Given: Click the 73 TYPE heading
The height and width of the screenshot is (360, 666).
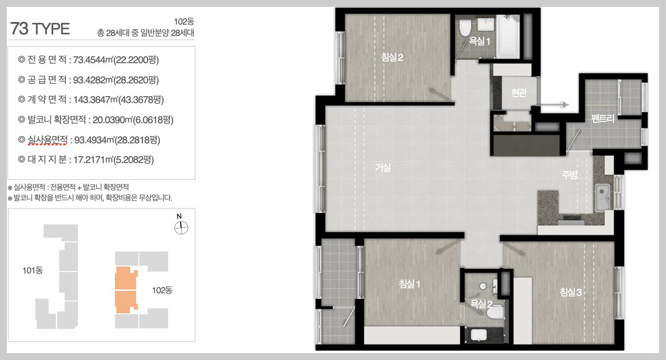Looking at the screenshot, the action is (40, 29).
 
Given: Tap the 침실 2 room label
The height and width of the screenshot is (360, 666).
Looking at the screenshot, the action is (392, 57).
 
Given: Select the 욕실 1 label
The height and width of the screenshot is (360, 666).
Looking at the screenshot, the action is (479, 41).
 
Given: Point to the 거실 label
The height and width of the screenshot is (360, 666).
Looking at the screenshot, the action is (383, 167).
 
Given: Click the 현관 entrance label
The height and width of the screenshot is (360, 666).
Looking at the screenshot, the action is (519, 93).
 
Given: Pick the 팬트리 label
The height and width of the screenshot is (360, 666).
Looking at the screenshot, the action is (603, 119).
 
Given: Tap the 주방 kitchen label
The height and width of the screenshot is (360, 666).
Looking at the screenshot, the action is (570, 175).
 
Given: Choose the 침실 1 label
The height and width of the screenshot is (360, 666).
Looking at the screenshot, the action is (409, 284).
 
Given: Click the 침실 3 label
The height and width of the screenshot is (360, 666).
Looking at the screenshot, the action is (571, 292).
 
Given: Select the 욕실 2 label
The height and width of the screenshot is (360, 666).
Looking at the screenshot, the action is (481, 304).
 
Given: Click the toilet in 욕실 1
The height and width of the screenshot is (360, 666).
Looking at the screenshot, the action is (465, 27).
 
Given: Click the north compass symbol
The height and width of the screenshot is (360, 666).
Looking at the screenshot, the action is (181, 228).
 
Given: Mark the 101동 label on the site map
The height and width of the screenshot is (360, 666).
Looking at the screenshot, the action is (33, 270).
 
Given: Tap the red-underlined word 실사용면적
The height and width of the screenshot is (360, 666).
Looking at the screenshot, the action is (48, 139).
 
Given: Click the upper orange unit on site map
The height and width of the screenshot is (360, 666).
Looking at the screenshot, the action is (126, 278).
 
